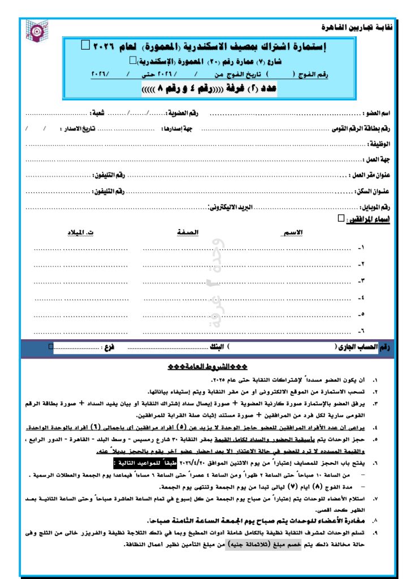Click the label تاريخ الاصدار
pyautogui.click(x=81, y=129)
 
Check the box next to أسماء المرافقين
pyautogui.click(x=339, y=217)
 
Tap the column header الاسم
pyautogui.click(x=292, y=232)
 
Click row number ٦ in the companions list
pyautogui.click(x=362, y=331)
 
